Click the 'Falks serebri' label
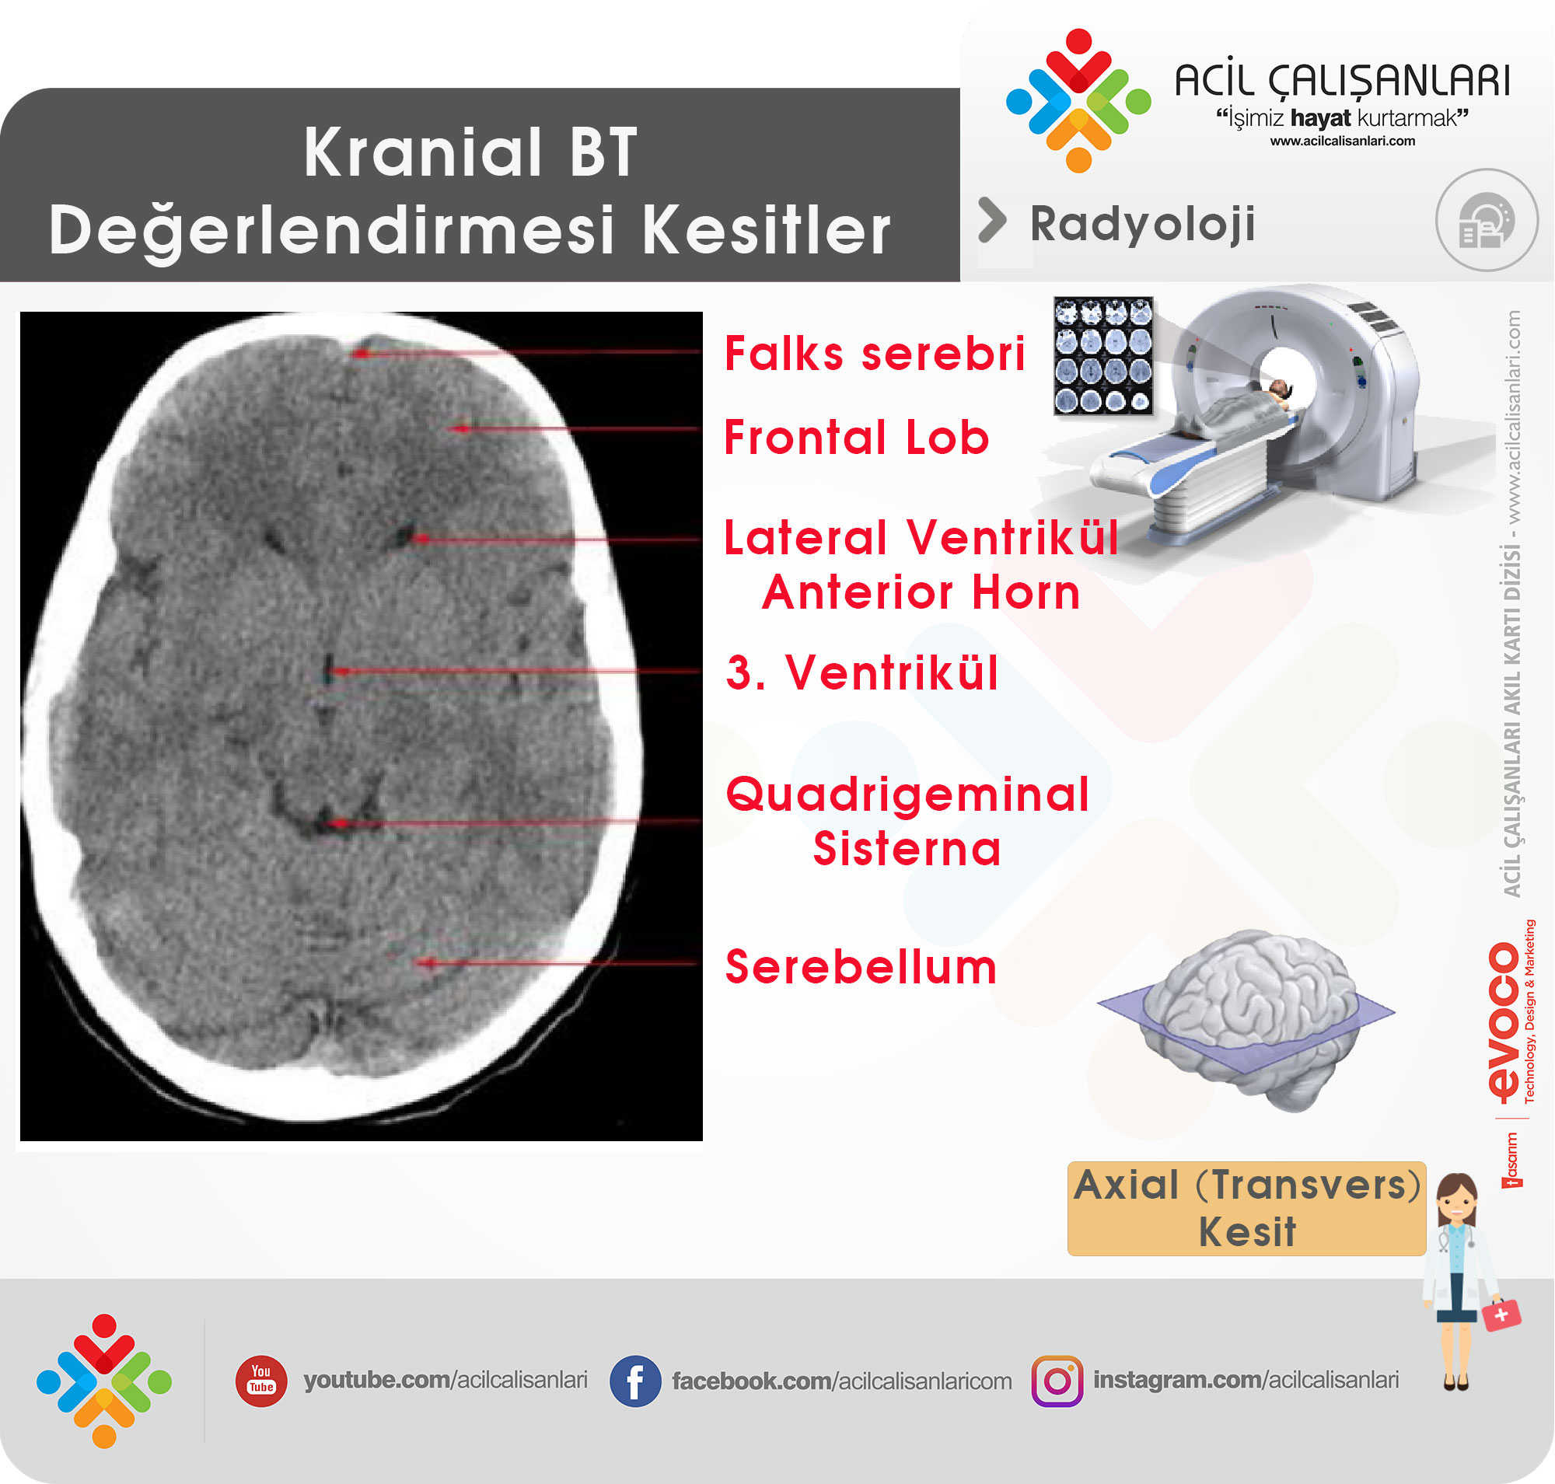tap(875, 354)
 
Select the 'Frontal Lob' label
tap(856, 438)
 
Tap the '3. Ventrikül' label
tap(861, 672)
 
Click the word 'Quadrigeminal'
tap(907, 794)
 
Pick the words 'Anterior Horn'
tap(921, 592)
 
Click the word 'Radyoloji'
tap(1142, 225)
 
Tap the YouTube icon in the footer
tap(261, 1381)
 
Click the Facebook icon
tap(634, 1381)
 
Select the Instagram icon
tap(1057, 1381)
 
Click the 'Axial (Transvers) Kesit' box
tap(1246, 1208)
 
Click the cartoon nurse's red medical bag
tap(1501, 1315)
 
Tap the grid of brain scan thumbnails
tap(1103, 355)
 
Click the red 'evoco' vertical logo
tap(1504, 1021)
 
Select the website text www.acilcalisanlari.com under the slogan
tap(1342, 141)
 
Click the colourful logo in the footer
tap(103, 1381)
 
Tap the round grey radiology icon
tap(1487, 220)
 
